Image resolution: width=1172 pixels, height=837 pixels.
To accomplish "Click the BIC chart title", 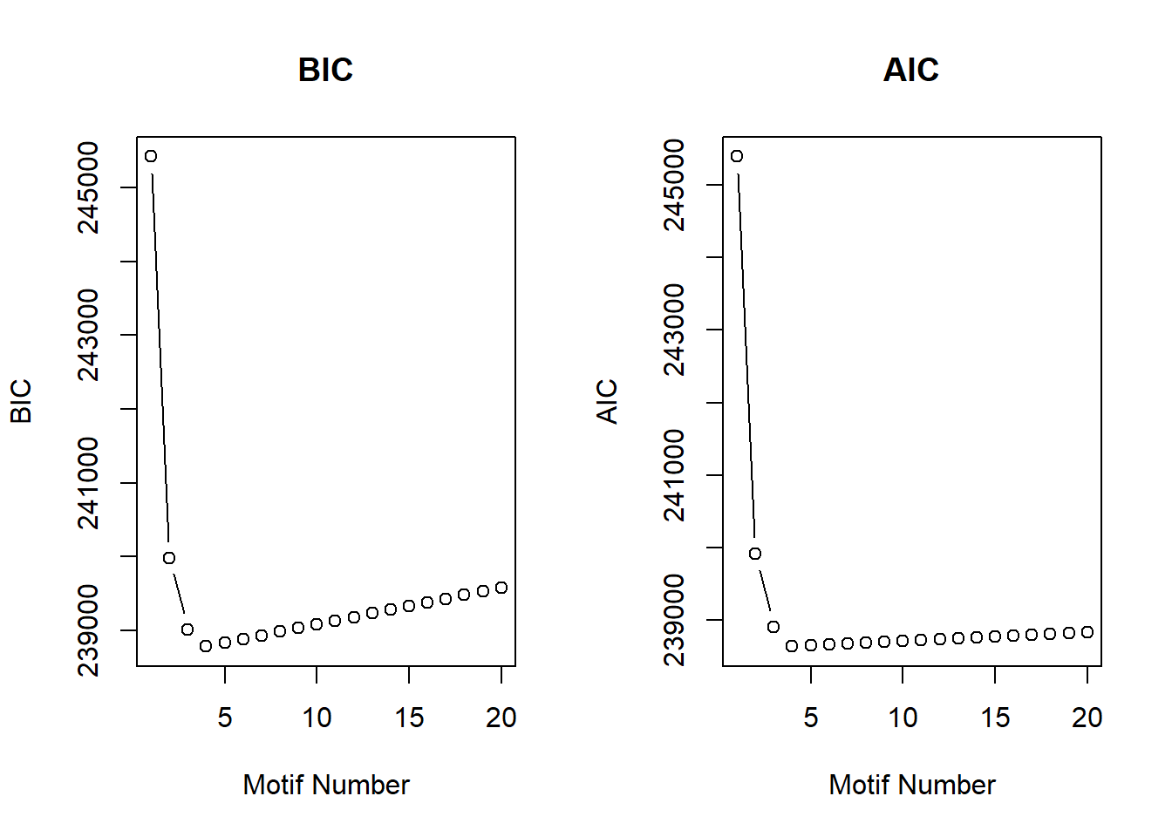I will click(x=325, y=70).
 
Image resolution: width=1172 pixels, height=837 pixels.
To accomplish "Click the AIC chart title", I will click(x=910, y=70).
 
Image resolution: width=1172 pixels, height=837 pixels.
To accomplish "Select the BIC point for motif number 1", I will click(x=151, y=156).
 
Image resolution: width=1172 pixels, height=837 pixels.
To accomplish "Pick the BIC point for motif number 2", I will click(x=169, y=558).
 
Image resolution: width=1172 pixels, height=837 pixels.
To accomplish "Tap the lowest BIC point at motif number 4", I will click(x=206, y=646).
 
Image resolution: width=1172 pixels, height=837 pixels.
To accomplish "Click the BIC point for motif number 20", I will click(x=501, y=588).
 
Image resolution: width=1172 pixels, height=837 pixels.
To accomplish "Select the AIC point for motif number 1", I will click(x=737, y=156).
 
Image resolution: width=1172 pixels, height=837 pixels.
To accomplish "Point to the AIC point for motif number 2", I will click(x=755, y=554).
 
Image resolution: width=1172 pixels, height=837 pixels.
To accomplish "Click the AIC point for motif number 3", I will click(x=773, y=627).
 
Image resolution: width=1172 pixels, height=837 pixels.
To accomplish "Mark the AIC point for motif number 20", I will click(x=1087, y=632).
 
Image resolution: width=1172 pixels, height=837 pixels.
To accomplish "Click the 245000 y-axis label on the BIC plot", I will click(x=89, y=187).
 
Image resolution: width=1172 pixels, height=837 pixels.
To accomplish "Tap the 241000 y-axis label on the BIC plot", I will click(x=89, y=483).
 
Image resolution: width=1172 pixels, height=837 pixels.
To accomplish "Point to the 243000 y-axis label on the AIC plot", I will click(x=675, y=330).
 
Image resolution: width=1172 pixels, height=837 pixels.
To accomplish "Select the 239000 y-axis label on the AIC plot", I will click(x=675, y=620).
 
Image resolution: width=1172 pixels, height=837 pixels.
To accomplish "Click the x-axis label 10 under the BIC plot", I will click(x=317, y=718).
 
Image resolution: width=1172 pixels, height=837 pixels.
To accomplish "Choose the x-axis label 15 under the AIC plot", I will click(x=995, y=718).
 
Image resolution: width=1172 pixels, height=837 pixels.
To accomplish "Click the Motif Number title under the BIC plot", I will click(x=326, y=785).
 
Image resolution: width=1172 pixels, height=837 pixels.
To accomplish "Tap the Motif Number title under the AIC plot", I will click(x=912, y=785).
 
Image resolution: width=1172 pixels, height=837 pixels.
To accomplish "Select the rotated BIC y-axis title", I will click(x=21, y=401).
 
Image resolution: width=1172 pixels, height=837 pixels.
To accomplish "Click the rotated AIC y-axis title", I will click(x=607, y=401).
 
